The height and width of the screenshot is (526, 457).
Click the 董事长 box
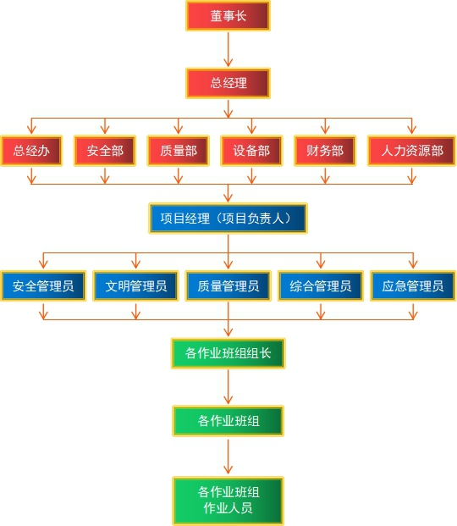pyautogui.click(x=228, y=16)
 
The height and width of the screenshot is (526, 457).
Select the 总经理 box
pyautogui.click(x=228, y=83)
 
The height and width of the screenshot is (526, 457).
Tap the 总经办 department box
pyautogui.click(x=31, y=151)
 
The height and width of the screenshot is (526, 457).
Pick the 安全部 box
pyautogui.click(x=105, y=151)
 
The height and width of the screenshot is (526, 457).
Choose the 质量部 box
pyautogui.click(x=179, y=151)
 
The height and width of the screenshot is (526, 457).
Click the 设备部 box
pyautogui.click(x=251, y=151)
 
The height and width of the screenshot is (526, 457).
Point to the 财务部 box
pyautogui.click(x=325, y=151)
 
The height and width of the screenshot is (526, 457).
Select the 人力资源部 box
pyautogui.click(x=412, y=151)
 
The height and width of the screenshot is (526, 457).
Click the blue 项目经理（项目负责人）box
pyautogui.click(x=228, y=219)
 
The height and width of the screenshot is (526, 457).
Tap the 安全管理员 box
pyautogui.click(x=43, y=285)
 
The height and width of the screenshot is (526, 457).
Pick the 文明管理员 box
pyautogui.click(x=135, y=285)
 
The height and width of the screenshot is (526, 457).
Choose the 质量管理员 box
pyautogui.click(x=228, y=285)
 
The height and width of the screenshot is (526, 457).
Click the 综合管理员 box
pyautogui.click(x=321, y=285)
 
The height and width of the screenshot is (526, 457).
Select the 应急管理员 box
pyautogui.click(x=413, y=285)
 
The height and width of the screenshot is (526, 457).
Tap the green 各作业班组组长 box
pyautogui.click(x=228, y=353)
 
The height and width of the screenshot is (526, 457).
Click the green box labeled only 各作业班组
pyautogui.click(x=228, y=421)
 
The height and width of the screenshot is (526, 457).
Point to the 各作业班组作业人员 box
pyautogui.click(x=228, y=501)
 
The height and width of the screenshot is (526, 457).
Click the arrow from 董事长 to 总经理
pyautogui.click(x=228, y=49)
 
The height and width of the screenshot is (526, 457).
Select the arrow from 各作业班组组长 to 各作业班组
pyautogui.click(x=228, y=387)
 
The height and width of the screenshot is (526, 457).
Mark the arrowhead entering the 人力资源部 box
pyautogui.click(x=412, y=130)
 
